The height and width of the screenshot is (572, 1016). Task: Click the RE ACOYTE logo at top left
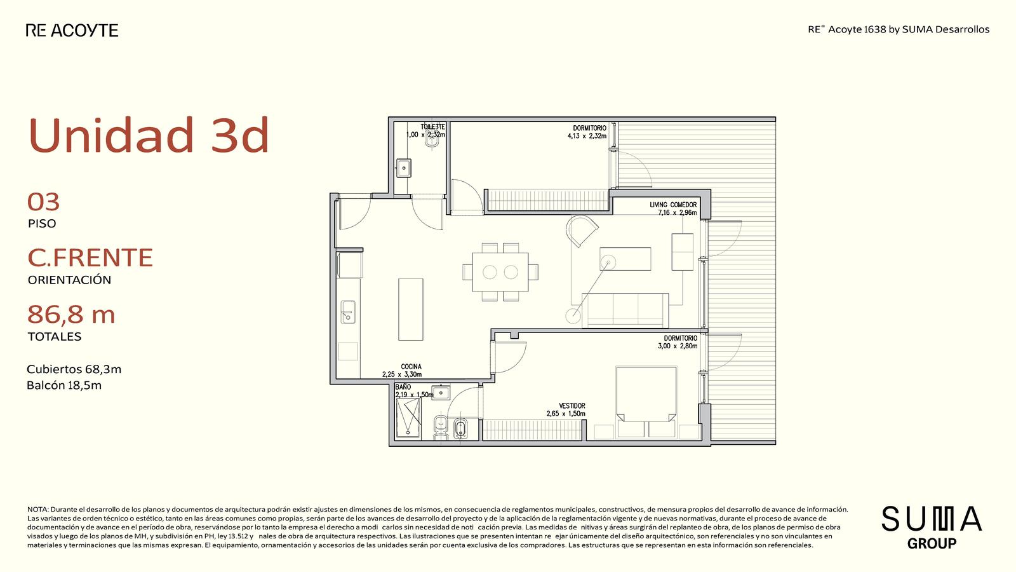pyautogui.click(x=72, y=31)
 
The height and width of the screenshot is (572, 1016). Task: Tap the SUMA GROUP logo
pyautogui.click(x=932, y=527)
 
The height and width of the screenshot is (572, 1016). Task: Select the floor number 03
pyautogui.click(x=44, y=202)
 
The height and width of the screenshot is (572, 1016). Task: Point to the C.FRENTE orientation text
pyautogui.click(x=90, y=257)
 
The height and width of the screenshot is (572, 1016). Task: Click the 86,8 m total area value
pyautogui.click(x=71, y=314)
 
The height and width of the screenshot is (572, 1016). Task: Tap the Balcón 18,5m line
pyautogui.click(x=64, y=385)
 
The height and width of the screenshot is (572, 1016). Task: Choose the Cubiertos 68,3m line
pyautogui.click(x=74, y=369)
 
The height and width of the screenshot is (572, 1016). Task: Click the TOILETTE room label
pyautogui.click(x=432, y=126)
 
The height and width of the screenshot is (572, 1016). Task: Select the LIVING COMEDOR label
pyautogui.click(x=673, y=205)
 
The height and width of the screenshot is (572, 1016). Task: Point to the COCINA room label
pyautogui.click(x=411, y=366)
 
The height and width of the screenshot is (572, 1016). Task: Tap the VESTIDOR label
pyautogui.click(x=572, y=405)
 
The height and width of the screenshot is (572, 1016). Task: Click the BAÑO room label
pyautogui.click(x=403, y=387)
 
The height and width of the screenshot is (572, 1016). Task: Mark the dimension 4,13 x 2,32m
pyautogui.click(x=587, y=136)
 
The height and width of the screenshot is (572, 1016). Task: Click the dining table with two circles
pyautogui.click(x=500, y=272)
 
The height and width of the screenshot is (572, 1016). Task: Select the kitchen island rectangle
pyautogui.click(x=410, y=309)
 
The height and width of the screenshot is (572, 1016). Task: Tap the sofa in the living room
pyautogui.click(x=625, y=310)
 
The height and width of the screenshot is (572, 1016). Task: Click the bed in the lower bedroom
pyautogui.click(x=646, y=394)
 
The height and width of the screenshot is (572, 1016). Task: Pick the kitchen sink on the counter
pyautogui.click(x=348, y=312)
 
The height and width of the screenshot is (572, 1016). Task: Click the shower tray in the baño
pyautogui.click(x=408, y=418)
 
